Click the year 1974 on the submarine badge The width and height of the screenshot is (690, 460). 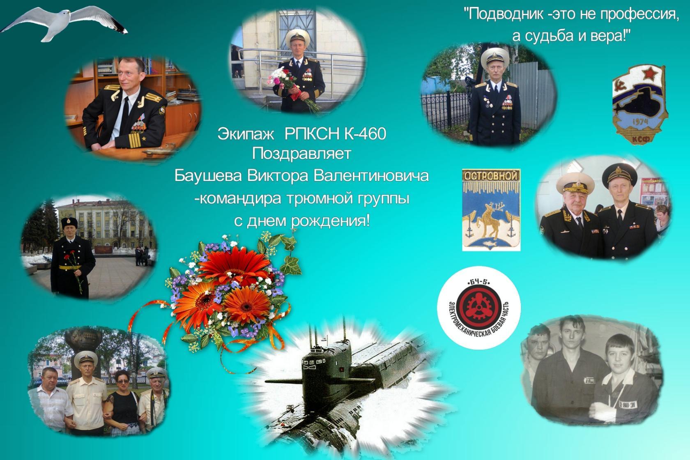tap(640, 122)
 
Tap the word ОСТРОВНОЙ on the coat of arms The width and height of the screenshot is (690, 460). tap(491, 176)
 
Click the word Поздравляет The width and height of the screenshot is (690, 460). tap(301, 154)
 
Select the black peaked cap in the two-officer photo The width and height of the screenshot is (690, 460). tap(620, 175)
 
